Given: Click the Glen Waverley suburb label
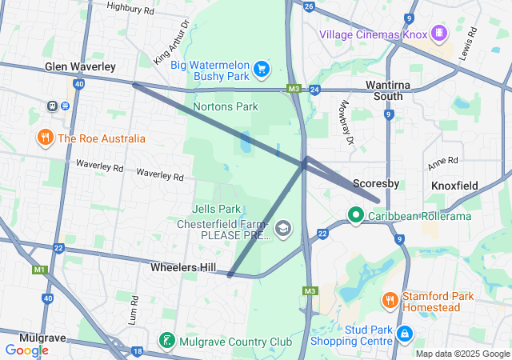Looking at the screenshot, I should (80, 66).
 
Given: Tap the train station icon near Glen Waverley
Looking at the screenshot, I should (53, 105).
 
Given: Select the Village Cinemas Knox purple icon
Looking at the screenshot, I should (438, 34).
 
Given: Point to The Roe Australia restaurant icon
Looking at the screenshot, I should (45, 138).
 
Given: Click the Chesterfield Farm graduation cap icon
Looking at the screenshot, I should (282, 230).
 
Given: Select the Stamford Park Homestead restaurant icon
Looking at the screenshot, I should (390, 301).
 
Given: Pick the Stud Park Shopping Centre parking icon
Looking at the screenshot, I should (405, 333).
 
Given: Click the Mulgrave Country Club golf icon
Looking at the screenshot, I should (166, 342).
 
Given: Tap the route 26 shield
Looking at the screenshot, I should (309, 5).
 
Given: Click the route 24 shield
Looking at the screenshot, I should (314, 89).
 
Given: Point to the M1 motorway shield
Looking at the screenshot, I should (40, 270).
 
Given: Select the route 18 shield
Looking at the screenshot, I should (138, 350).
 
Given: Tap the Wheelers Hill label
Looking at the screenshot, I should (179, 267).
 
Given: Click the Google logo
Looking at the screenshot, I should (27, 350).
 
